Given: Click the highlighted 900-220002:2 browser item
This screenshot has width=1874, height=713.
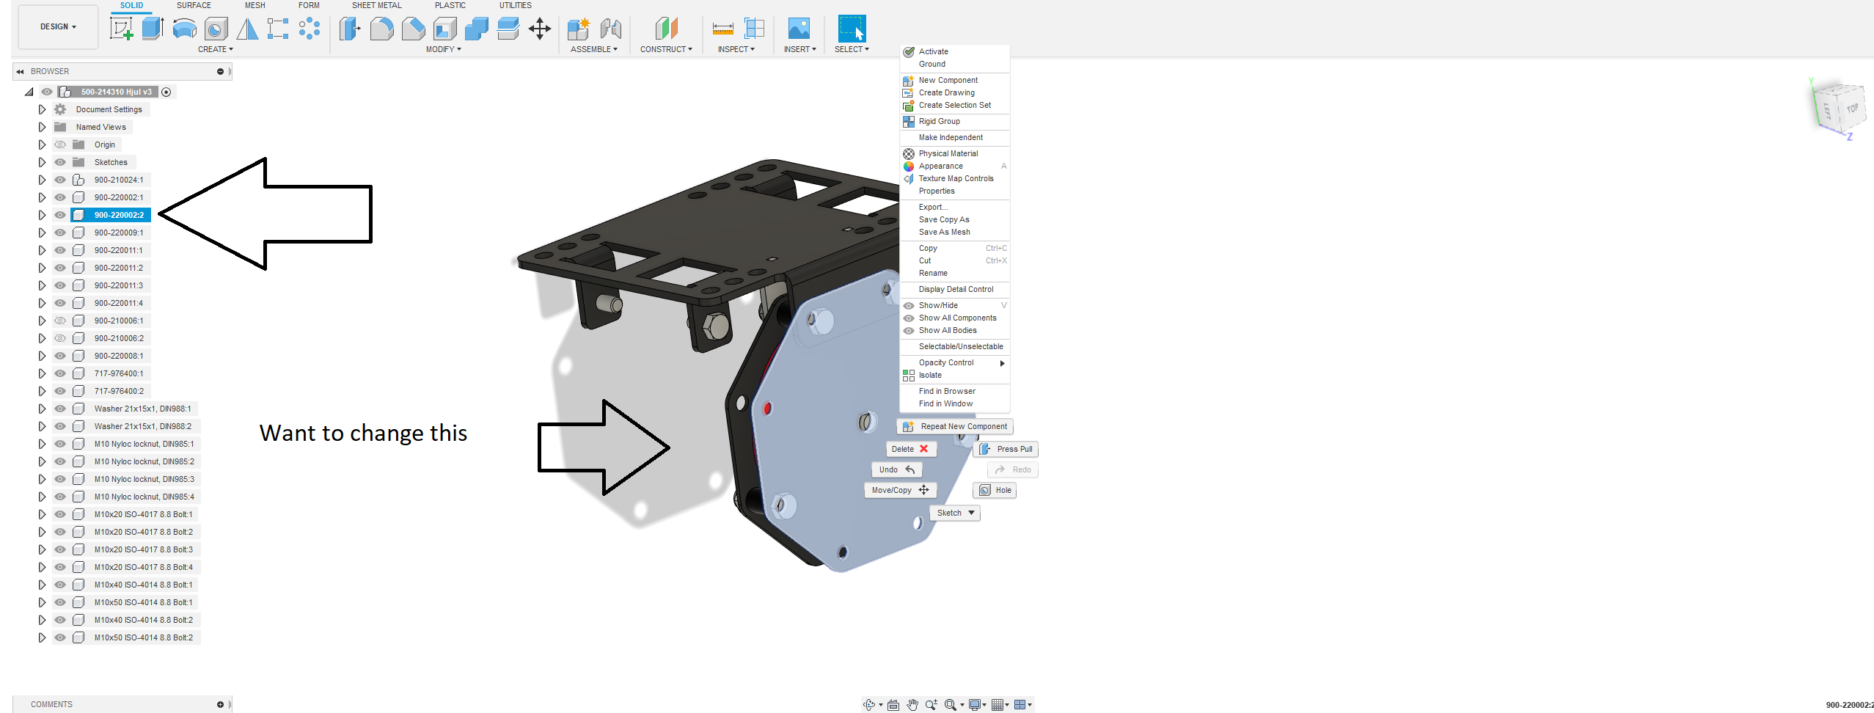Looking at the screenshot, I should (118, 215).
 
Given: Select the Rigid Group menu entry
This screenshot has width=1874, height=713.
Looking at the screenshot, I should (939, 122).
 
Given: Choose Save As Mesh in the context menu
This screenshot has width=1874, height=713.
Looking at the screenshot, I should (944, 233).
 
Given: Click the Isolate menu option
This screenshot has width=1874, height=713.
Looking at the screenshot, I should (930, 376).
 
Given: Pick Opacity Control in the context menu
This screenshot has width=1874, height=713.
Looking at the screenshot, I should (946, 363).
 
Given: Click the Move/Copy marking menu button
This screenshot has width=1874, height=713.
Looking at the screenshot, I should (899, 490).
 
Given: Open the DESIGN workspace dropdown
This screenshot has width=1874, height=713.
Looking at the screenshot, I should (58, 27).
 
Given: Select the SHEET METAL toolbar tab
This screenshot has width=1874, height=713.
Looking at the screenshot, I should (376, 5).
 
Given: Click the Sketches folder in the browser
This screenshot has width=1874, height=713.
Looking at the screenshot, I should (110, 162).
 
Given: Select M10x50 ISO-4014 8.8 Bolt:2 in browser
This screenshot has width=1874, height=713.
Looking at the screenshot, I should (143, 637).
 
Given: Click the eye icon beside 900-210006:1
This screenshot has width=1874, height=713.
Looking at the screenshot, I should (60, 321).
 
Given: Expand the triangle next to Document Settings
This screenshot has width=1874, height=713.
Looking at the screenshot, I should (42, 109).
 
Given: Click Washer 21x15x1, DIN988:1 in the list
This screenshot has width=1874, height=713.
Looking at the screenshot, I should (142, 409).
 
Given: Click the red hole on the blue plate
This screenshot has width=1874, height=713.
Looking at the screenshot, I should (768, 408).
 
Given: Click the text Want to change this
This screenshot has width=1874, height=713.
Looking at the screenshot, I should (363, 434).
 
